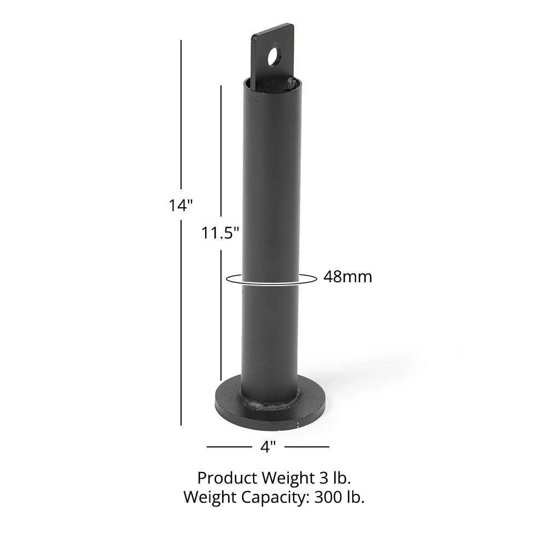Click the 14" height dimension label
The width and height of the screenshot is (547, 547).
click(181, 205)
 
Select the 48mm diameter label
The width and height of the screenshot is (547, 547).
click(347, 277)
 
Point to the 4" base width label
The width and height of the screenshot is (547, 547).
click(267, 447)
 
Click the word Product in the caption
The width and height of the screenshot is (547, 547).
click(226, 478)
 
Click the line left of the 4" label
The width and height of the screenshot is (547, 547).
click(229, 447)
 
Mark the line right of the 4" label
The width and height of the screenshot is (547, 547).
click(307, 447)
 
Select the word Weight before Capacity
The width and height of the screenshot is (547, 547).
click(210, 497)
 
